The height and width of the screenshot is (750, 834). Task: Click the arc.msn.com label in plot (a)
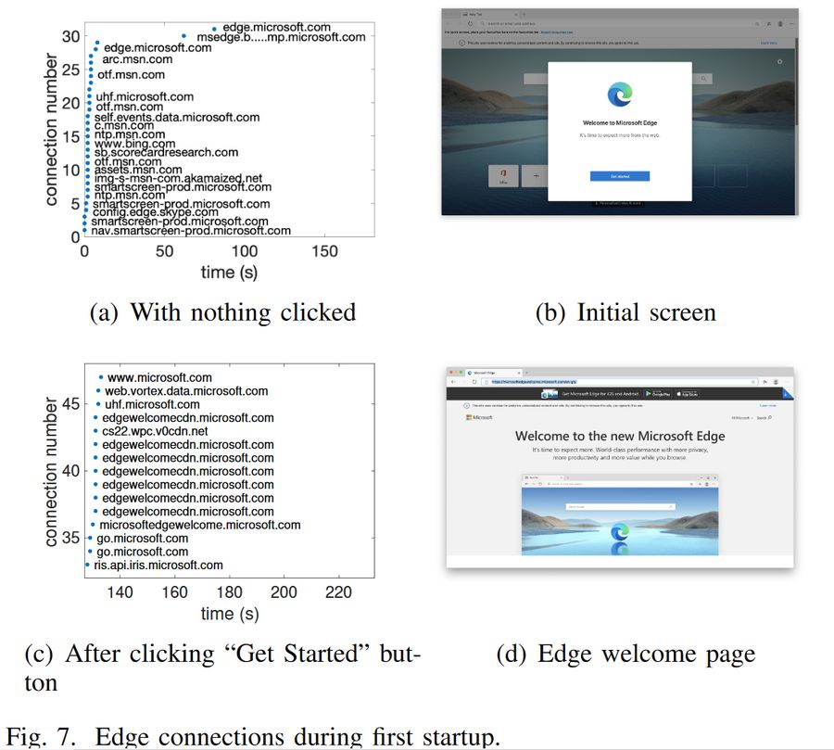(133, 60)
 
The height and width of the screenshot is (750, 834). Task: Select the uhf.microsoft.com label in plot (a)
(145, 96)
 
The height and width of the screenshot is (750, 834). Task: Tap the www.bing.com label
(134, 144)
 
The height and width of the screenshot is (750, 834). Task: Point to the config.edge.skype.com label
(143, 212)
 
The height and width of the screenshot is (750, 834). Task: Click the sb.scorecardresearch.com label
(166, 152)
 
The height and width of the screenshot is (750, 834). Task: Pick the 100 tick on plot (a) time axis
(245, 251)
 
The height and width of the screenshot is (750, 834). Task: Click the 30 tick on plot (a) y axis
(71, 36)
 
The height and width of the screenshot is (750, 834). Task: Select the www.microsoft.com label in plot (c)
(159, 377)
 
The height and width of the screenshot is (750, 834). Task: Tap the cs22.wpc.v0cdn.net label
(155, 431)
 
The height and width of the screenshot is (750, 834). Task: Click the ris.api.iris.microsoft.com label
(158, 565)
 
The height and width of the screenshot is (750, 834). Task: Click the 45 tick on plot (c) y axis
(71, 403)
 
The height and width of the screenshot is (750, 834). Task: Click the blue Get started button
(619, 176)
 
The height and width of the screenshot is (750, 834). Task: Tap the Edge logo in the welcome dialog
(619, 94)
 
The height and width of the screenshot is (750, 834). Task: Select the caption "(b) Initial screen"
(625, 312)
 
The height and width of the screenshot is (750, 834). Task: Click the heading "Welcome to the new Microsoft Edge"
(620, 436)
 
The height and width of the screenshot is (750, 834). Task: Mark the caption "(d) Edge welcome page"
(625, 655)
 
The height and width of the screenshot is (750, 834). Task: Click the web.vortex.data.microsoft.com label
(186, 391)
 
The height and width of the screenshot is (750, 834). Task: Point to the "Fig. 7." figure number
(57, 737)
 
